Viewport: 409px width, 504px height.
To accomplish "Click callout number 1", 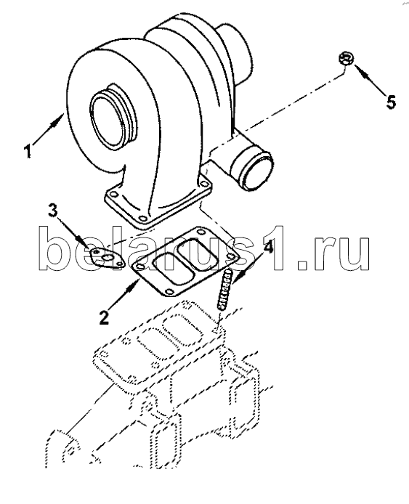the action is pyautogui.click(x=29, y=151).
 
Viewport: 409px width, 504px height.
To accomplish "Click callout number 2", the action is pyautogui.click(x=104, y=317).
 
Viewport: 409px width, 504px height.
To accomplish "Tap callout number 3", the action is pyautogui.click(x=53, y=211).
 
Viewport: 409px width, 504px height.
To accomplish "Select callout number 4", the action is pyautogui.click(x=267, y=246).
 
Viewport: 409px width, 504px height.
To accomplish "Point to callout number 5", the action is pyautogui.click(x=391, y=102).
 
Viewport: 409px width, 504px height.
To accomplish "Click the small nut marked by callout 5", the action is pyautogui.click(x=347, y=59).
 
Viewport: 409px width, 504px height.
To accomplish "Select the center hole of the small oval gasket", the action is pyautogui.click(x=108, y=258).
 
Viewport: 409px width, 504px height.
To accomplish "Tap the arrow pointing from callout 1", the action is pyautogui.click(x=47, y=130).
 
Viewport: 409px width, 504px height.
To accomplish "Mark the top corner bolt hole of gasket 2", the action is pyautogui.click(x=201, y=232).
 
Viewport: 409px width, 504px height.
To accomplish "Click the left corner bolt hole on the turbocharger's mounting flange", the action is pyautogui.click(x=113, y=194).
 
